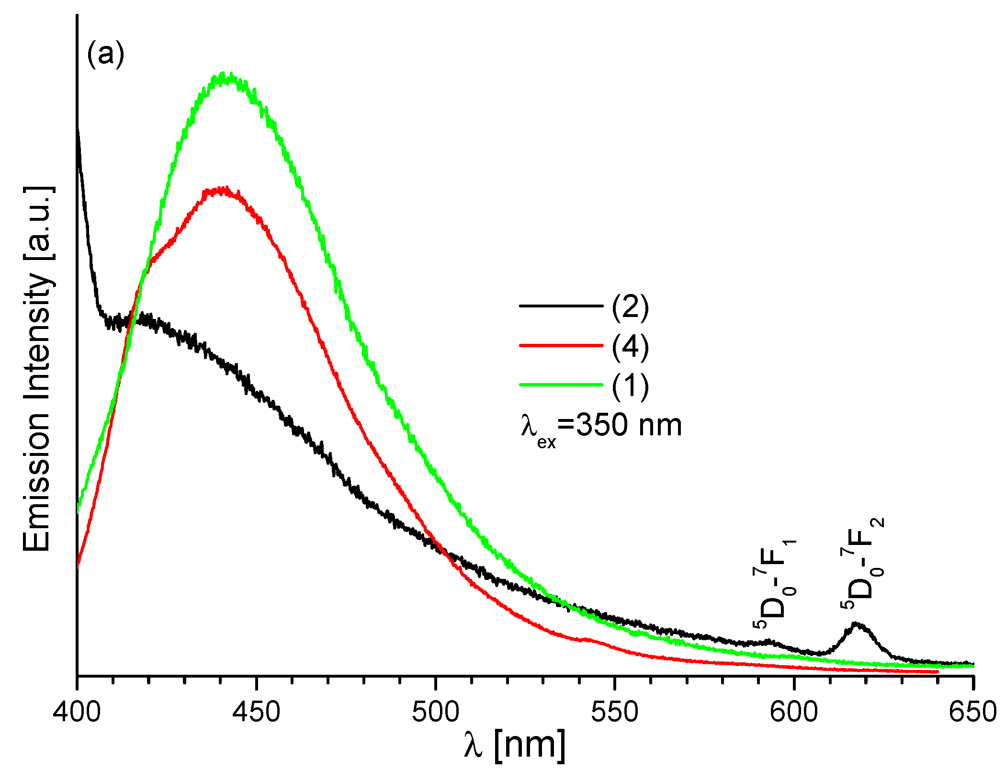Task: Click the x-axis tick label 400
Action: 77,712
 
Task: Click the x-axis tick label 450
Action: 256,712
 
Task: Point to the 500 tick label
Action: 435,712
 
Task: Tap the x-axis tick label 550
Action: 614,712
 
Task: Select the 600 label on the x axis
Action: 793,712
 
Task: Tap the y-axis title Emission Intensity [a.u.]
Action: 37,369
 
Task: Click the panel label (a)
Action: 105,54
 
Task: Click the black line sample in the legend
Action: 561,306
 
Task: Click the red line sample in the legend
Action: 561,345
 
